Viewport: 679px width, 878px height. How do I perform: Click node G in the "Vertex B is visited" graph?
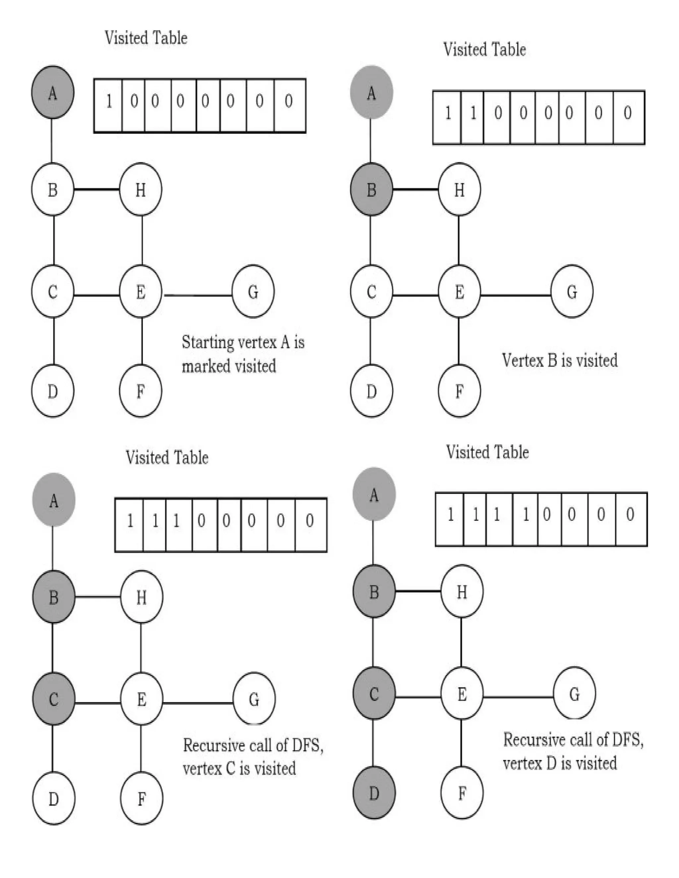pyautogui.click(x=572, y=291)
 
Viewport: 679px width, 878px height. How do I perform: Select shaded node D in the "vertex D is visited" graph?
pyautogui.click(x=374, y=793)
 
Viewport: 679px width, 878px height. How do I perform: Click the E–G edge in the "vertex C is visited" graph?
pyautogui.click(x=198, y=703)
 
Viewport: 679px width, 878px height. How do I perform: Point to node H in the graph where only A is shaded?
pyautogui.click(x=140, y=189)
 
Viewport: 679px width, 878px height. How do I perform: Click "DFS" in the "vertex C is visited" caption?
pyautogui.click(x=307, y=745)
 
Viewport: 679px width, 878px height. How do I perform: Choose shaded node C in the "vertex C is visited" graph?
pyautogui.click(x=53, y=699)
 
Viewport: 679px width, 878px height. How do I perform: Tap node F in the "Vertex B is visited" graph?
pyautogui.click(x=459, y=391)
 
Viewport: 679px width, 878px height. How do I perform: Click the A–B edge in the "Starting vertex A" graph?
pyautogui.click(x=52, y=141)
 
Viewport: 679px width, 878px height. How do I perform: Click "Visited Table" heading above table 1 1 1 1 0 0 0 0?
pyautogui.click(x=487, y=452)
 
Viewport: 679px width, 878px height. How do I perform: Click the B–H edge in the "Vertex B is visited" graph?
pyautogui.click(x=415, y=189)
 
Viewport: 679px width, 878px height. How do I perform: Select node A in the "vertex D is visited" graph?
pyautogui.click(x=374, y=494)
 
